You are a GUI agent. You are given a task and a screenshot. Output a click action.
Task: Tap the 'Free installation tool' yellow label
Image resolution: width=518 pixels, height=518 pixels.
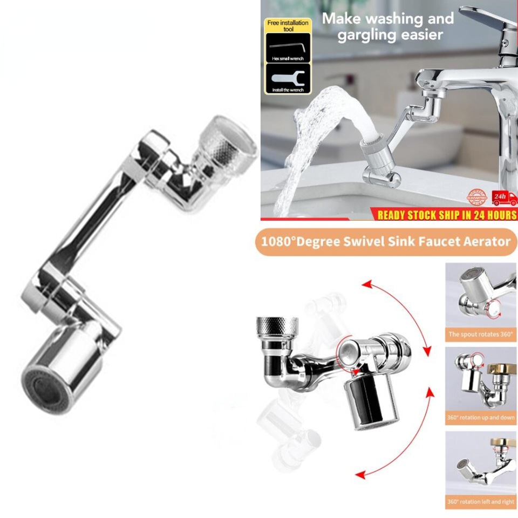[288, 25]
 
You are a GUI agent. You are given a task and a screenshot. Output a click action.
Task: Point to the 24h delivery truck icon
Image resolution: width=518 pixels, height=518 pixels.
[505, 199]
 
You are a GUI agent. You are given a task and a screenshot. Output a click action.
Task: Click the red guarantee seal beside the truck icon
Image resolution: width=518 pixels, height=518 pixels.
[476, 197]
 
